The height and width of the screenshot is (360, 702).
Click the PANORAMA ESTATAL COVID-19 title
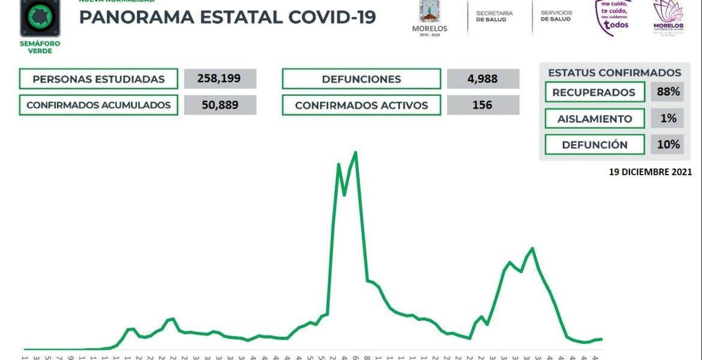227,17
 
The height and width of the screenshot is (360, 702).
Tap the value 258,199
220,79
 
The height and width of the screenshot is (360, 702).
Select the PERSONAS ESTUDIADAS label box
98,79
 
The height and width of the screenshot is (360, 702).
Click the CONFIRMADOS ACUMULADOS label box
98,105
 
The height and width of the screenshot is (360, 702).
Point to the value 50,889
220,105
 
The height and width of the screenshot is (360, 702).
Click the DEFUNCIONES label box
361,79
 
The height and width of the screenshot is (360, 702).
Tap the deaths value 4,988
483,79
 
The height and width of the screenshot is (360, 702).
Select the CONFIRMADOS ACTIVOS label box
361,105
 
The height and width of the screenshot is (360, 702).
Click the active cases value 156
483,105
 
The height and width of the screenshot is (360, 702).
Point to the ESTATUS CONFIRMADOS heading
614,73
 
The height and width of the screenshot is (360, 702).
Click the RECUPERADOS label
594,92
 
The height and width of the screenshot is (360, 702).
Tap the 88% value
668,92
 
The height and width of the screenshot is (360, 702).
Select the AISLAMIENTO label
594,119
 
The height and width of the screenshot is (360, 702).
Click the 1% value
668,118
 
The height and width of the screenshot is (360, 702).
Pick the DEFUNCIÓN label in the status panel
594,145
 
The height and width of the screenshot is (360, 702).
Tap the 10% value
668,144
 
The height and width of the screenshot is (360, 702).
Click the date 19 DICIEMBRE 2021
650,172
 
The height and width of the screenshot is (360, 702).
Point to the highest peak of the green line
356,152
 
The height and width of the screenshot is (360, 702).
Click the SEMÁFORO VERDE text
40,47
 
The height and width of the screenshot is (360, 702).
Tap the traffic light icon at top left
40,17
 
